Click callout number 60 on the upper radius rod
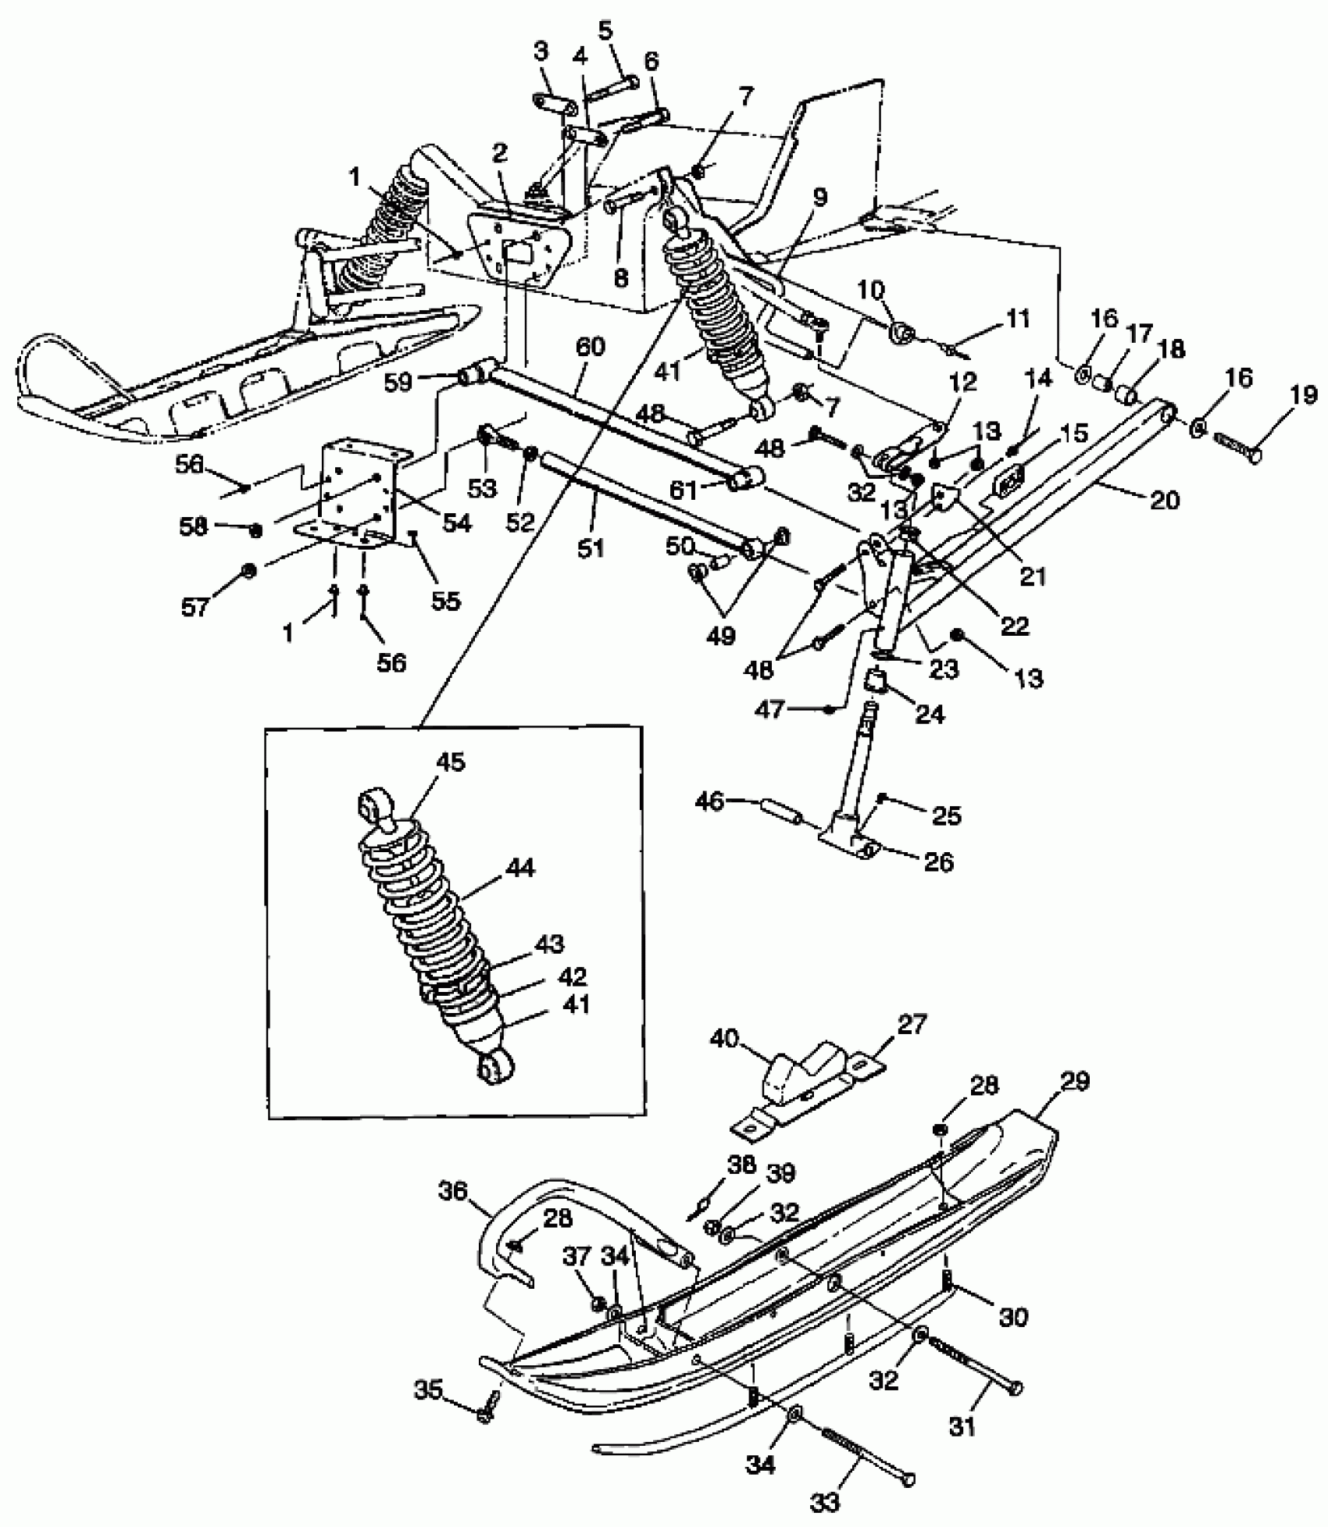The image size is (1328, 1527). pyautogui.click(x=591, y=346)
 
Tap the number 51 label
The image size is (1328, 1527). pyautogui.click(x=591, y=548)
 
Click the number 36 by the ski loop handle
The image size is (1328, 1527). pyautogui.click(x=454, y=1191)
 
